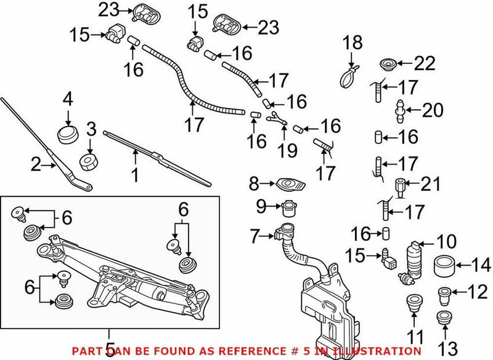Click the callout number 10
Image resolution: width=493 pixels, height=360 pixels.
coord(446,241)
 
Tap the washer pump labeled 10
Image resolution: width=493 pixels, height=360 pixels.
coord(412,262)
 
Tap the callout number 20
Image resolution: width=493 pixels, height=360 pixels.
coord(432,111)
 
